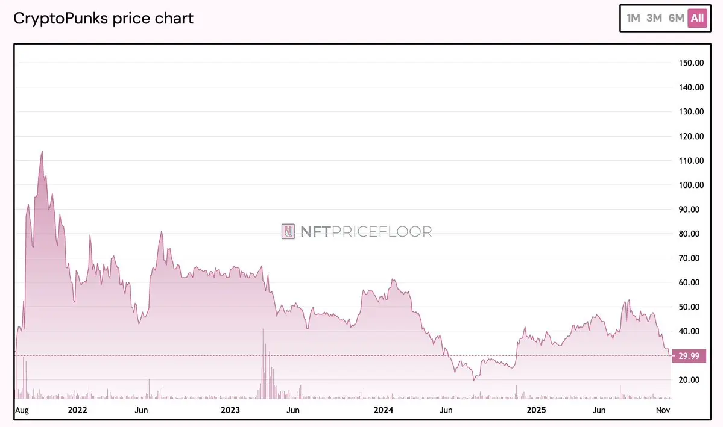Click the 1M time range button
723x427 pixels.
[x=633, y=18]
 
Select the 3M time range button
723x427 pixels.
[x=654, y=18]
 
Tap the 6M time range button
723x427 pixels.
[x=676, y=18]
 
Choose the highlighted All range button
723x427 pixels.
[x=697, y=18]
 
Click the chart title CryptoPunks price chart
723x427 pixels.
[x=103, y=18]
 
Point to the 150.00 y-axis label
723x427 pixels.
[x=691, y=63]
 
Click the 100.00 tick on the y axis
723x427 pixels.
[x=691, y=185]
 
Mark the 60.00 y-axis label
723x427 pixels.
[x=691, y=282]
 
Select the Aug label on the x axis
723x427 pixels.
[x=22, y=410]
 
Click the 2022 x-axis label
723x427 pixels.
[x=78, y=410]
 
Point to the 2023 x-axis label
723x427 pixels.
[x=230, y=410]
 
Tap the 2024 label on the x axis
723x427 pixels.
[x=384, y=410]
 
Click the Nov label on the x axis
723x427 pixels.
[x=663, y=410]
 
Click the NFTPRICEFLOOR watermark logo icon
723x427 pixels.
[x=288, y=231]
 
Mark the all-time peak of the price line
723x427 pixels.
[x=42, y=151]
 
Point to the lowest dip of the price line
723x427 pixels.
[x=474, y=380]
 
